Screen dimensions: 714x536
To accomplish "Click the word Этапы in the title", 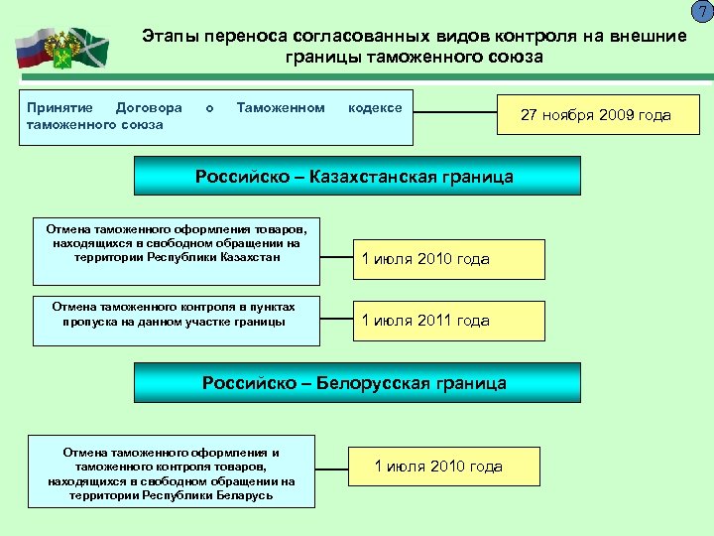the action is [x=169, y=36].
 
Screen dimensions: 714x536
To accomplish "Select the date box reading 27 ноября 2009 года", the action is [x=596, y=115].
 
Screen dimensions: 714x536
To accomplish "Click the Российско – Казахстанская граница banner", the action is [x=354, y=178].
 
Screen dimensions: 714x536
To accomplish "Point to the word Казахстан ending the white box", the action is [x=251, y=257].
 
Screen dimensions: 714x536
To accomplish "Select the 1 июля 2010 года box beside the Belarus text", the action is [x=443, y=467].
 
